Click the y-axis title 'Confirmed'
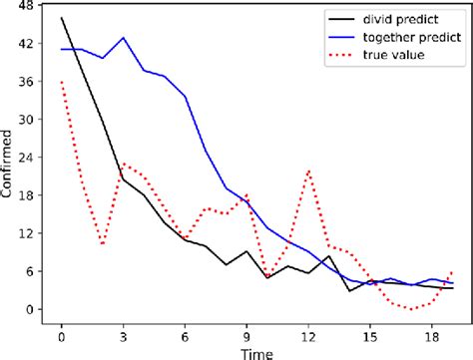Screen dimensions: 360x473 pyautogui.click(x=9, y=166)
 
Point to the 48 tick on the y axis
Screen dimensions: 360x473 pyautogui.click(x=25, y=6)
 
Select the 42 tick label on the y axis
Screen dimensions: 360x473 pyautogui.click(x=25, y=44)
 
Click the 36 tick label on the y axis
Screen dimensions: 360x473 pyautogui.click(x=25, y=82)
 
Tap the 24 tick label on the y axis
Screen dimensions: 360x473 pyautogui.click(x=25, y=158)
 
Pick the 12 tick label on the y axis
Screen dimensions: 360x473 pyautogui.click(x=25, y=233)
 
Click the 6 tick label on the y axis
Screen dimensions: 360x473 pyautogui.click(x=29, y=271)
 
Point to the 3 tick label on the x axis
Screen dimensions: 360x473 pyautogui.click(x=123, y=332)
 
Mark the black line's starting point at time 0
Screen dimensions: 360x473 pyautogui.click(x=62, y=18)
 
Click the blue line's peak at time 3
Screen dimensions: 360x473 pyautogui.click(x=123, y=38)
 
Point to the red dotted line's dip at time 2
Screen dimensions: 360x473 pyautogui.click(x=103, y=244)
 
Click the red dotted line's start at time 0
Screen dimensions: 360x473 pyautogui.click(x=62, y=82)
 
